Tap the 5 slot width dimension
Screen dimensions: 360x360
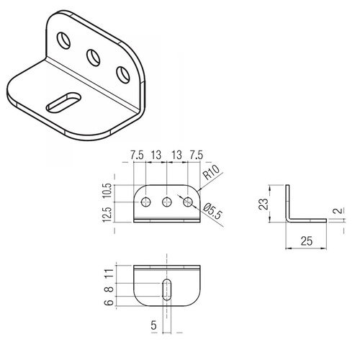click(154, 325)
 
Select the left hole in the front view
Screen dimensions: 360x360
click(147, 202)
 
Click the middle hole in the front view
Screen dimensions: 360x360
click(167, 202)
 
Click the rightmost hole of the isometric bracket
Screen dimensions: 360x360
click(122, 73)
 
